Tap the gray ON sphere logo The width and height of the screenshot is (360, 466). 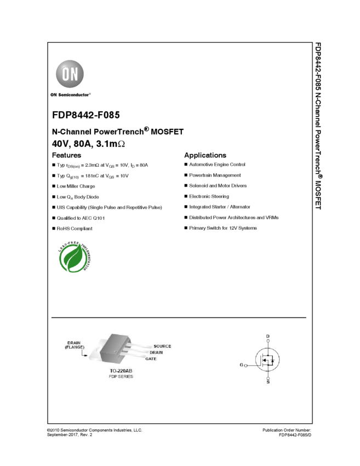71,73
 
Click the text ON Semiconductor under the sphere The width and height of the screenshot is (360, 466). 71,95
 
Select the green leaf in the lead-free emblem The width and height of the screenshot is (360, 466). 74,258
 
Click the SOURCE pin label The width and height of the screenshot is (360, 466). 162,346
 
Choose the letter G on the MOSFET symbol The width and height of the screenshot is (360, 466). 241,365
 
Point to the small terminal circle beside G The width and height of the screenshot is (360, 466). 247,365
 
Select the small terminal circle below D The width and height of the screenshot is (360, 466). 268,340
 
